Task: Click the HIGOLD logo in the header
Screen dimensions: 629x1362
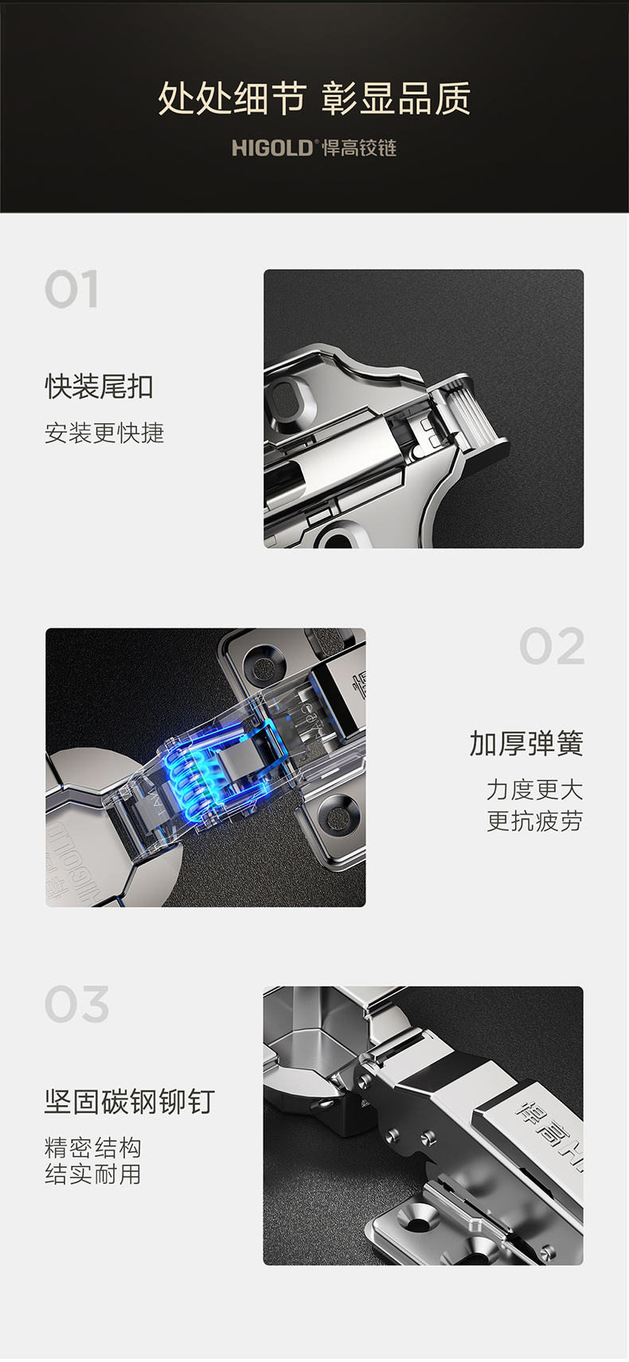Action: coord(272,148)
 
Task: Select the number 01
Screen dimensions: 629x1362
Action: coord(72,290)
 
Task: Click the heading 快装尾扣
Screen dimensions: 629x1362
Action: coord(99,387)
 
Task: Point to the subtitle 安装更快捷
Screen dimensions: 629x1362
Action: coord(104,433)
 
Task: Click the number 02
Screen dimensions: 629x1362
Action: coord(552,646)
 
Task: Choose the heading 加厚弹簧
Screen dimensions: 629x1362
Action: coord(526,744)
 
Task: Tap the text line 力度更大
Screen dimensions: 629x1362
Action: coord(535,790)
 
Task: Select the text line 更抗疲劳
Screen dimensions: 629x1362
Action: coord(535,821)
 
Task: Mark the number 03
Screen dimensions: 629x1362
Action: coord(76,1004)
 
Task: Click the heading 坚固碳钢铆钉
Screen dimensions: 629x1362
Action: coord(130,1101)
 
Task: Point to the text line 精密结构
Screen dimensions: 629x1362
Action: coord(93,1147)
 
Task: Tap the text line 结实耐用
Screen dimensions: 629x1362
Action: coord(93,1173)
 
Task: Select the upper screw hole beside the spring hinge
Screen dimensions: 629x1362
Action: coord(264,663)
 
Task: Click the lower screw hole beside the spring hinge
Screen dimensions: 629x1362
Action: coord(338,818)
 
